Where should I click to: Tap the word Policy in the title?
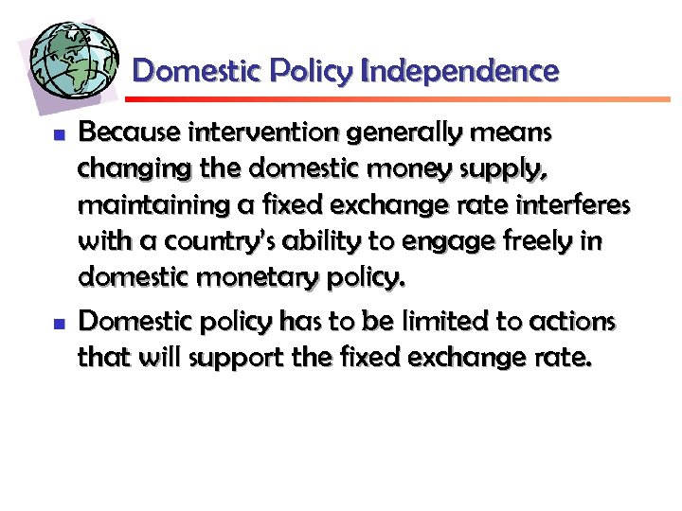[311, 71]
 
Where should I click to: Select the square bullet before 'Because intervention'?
[57, 136]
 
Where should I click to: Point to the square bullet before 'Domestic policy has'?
[57, 324]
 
